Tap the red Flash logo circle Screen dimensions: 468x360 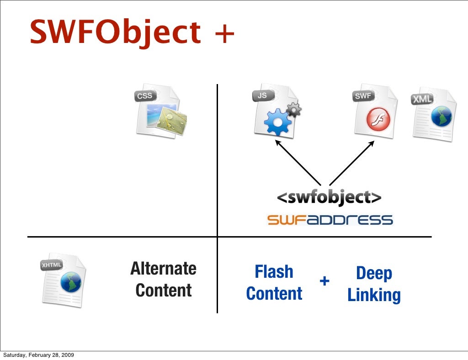click(x=378, y=120)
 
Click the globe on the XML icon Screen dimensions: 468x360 click(x=441, y=117)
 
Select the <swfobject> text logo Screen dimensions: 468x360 click(x=329, y=197)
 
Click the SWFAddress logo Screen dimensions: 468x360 click(x=330, y=220)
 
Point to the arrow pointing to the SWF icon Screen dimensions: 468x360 click(x=352, y=162)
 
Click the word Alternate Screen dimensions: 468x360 click(x=163, y=269)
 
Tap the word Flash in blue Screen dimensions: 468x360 click(x=274, y=272)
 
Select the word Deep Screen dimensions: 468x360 click(x=374, y=273)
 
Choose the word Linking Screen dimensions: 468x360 click(x=374, y=295)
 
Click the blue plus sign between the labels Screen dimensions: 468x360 click(x=324, y=281)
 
